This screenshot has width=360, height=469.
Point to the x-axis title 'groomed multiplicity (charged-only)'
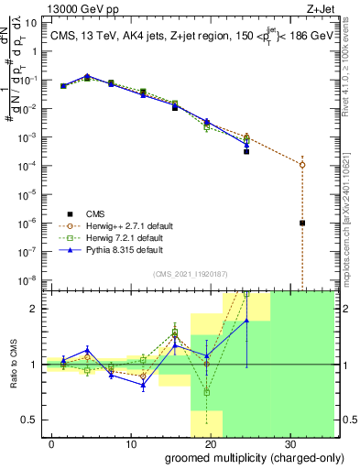point(247,457)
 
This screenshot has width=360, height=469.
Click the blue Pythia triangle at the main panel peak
point(87,76)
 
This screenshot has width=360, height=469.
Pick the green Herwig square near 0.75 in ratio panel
point(207,392)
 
